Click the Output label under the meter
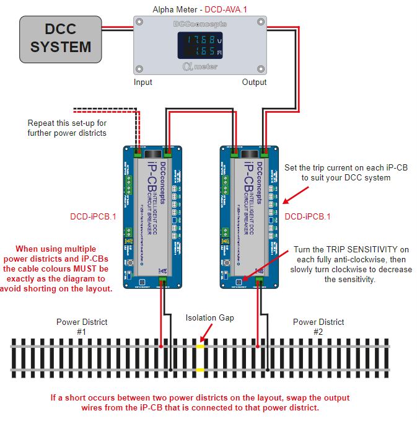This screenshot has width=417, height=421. coord(254,82)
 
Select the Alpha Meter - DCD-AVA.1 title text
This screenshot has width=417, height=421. coord(200,9)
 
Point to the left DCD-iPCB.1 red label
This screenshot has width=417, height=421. coord(94,217)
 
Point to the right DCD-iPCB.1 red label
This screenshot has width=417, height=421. coord(308,216)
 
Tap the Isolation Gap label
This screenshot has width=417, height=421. coord(209,317)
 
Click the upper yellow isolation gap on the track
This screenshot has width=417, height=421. coord(200,345)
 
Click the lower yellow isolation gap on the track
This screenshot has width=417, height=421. coord(200,370)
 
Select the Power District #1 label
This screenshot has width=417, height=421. coord(82,327)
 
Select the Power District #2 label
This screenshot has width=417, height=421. coord(318,327)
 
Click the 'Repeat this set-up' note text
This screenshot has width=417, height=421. coord(67,128)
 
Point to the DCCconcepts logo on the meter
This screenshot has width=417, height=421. coord(200,24)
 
